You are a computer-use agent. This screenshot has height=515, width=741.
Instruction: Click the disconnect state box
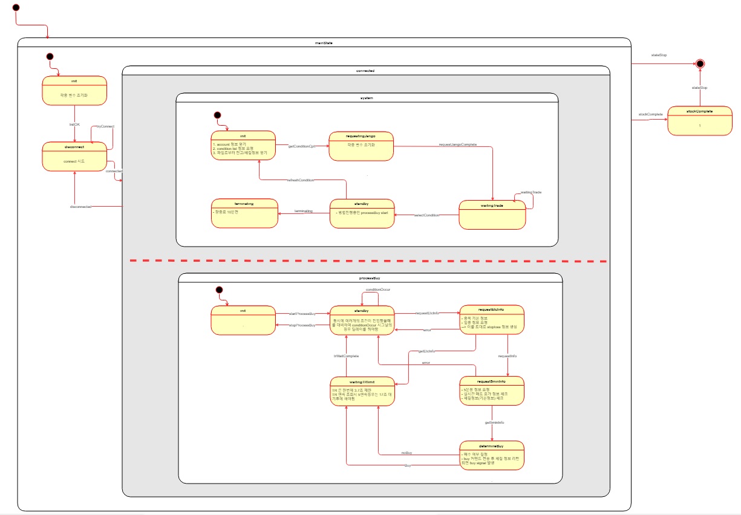(74, 157)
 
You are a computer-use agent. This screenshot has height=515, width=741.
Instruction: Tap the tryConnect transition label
(105, 126)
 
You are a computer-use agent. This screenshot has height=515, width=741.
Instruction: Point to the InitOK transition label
(74, 125)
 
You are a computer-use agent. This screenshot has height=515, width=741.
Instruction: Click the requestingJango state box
(361, 146)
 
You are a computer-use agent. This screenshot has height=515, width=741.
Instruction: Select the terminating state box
(244, 213)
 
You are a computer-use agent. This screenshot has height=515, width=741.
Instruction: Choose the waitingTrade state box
(492, 215)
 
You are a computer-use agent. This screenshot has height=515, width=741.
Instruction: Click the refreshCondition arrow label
(300, 180)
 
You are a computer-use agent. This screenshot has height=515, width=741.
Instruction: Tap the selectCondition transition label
(426, 215)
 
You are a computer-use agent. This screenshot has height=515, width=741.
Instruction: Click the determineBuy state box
(492, 455)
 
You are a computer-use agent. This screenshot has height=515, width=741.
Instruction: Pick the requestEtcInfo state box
(492, 319)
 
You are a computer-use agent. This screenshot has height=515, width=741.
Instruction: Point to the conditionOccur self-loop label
(377, 290)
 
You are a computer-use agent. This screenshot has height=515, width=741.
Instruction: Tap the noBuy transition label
(407, 453)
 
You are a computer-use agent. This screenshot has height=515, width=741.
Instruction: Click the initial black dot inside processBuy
(220, 291)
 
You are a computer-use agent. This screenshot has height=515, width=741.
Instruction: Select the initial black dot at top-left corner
(16, 8)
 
